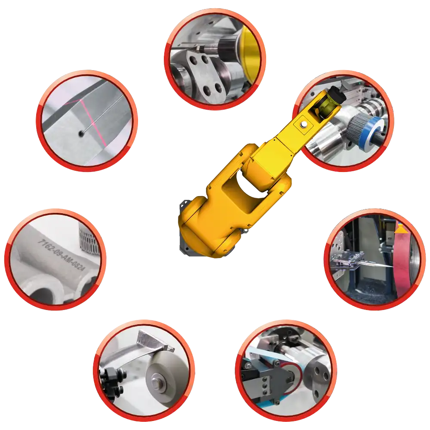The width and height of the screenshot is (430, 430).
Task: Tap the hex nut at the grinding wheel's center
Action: click(157, 380)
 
